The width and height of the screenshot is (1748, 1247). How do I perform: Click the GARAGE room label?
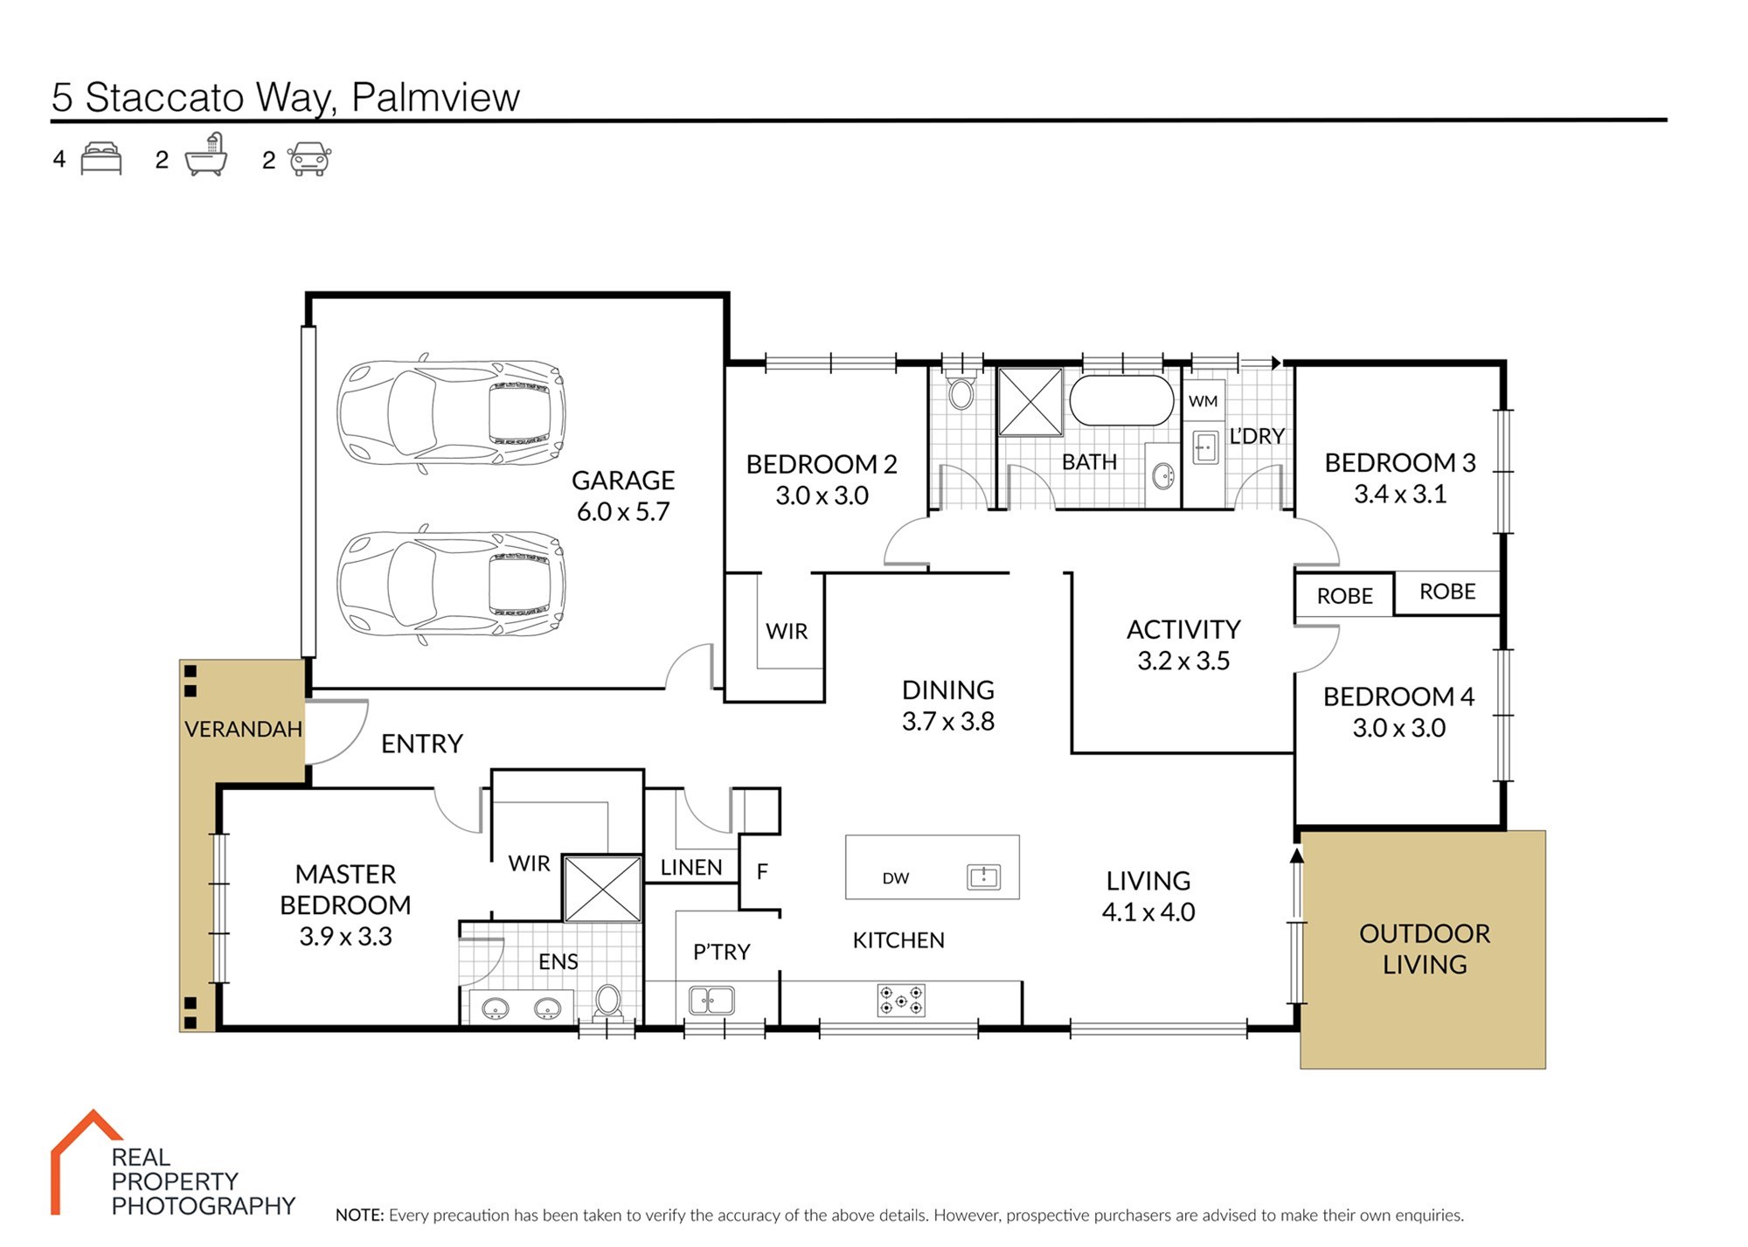click(623, 481)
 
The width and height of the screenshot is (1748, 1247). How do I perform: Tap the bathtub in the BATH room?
click(1122, 400)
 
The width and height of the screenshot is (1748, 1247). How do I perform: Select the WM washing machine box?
click(1203, 401)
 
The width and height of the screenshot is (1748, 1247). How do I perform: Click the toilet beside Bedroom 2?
click(961, 392)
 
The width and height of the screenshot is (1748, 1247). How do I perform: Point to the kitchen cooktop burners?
click(901, 1001)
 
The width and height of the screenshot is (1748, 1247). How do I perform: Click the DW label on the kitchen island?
click(896, 878)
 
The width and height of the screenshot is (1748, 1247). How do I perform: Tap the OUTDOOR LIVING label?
click(1425, 949)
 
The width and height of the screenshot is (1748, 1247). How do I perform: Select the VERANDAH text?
click(243, 729)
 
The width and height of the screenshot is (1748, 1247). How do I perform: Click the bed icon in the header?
click(101, 159)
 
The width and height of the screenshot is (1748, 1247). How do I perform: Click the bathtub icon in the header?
click(207, 155)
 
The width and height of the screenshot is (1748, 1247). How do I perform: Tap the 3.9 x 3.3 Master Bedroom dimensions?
click(345, 937)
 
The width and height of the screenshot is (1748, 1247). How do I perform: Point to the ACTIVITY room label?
click(1183, 629)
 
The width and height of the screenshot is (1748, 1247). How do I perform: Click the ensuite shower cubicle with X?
click(603, 889)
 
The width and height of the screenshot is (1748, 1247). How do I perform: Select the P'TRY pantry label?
click(722, 952)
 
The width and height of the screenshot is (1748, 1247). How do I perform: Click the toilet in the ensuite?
click(608, 1002)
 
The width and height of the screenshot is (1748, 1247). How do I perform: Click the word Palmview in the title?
click(435, 98)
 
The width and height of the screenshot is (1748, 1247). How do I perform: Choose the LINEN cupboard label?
click(691, 868)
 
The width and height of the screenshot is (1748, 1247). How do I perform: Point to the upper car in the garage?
click(451, 412)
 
